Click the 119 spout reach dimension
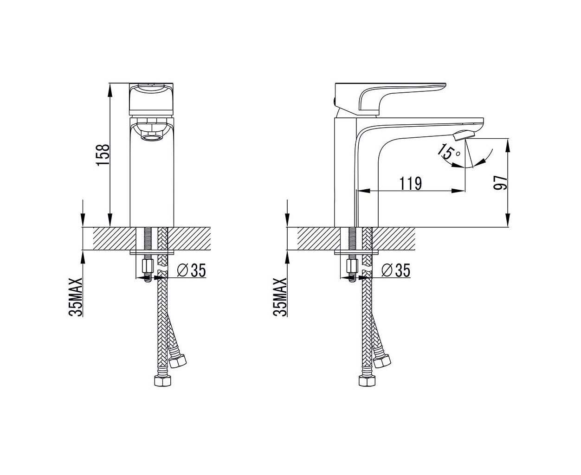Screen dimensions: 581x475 411,184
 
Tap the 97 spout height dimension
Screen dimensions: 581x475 500,182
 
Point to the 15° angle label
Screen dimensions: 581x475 448,152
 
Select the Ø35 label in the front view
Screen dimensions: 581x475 191,270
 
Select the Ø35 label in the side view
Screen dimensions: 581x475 395,270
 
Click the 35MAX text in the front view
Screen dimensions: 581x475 76,297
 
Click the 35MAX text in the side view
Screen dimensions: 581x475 280,297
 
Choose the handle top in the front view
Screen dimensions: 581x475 151,99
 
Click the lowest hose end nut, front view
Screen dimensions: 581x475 163,380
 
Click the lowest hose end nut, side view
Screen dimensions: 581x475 368,380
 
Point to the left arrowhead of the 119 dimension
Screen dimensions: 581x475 363,191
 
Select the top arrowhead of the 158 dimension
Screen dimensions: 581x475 110,90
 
